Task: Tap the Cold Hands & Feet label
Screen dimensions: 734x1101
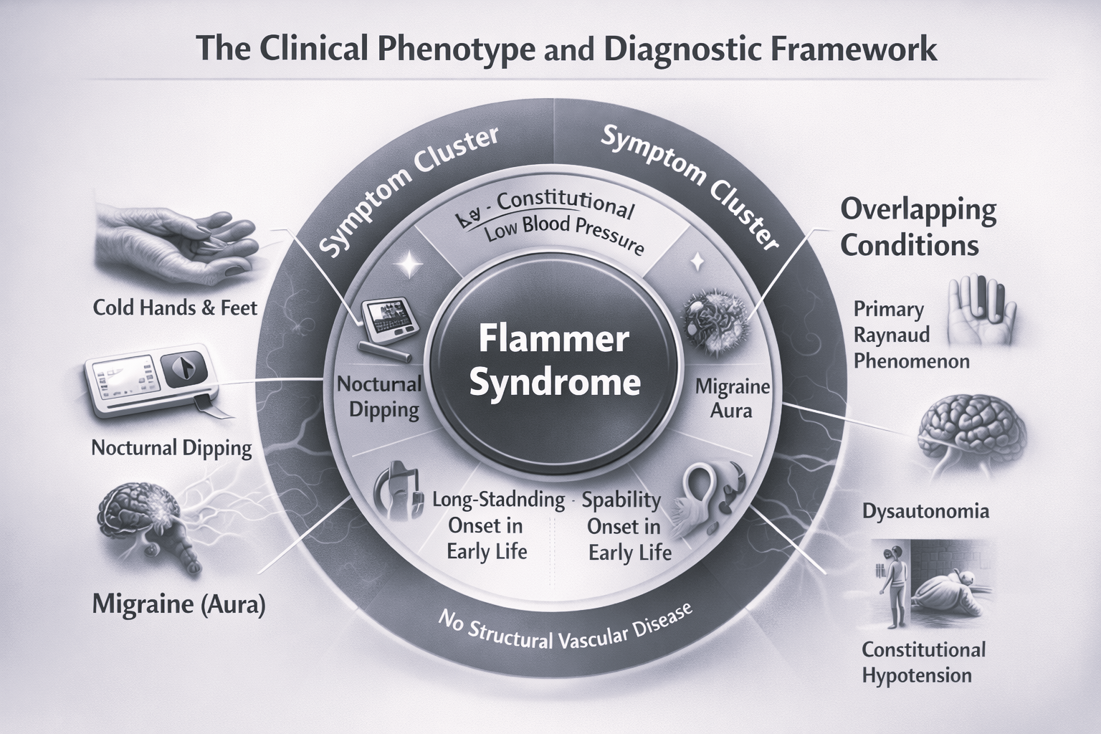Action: pos(175,308)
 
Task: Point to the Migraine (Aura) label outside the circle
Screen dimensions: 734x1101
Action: pos(178,604)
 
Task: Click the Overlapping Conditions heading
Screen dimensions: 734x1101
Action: pos(917,227)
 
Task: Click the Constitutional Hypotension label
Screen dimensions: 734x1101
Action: pos(923,662)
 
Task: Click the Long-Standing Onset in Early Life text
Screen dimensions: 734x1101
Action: pos(487,525)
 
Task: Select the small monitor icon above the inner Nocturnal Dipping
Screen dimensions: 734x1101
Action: pos(389,323)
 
